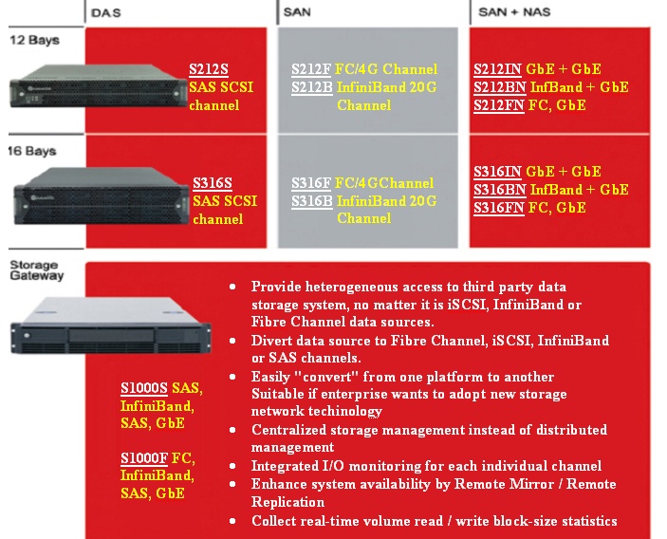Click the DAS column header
[x=106, y=12]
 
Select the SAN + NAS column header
[x=514, y=12]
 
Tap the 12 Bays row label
[x=34, y=40]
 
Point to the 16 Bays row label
[x=32, y=151]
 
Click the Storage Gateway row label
[x=37, y=270]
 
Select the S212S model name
[x=209, y=69]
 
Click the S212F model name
[x=311, y=69]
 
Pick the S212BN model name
[x=500, y=87]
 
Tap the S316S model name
[x=213, y=183]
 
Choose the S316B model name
[x=312, y=201]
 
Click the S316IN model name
[x=498, y=172]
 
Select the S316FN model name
[x=499, y=208]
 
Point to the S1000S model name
[x=144, y=388]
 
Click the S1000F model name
[x=144, y=458]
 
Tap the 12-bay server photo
[x=99, y=86]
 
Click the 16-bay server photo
[x=102, y=196]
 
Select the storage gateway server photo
[x=111, y=325]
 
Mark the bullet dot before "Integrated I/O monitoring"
[x=232, y=466]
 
